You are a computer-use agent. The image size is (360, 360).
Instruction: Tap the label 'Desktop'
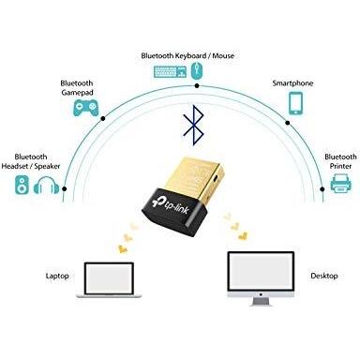coord(322,277)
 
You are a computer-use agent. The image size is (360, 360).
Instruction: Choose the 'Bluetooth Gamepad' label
coord(76,86)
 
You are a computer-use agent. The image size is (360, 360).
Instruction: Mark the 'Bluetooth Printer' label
coord(339,161)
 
